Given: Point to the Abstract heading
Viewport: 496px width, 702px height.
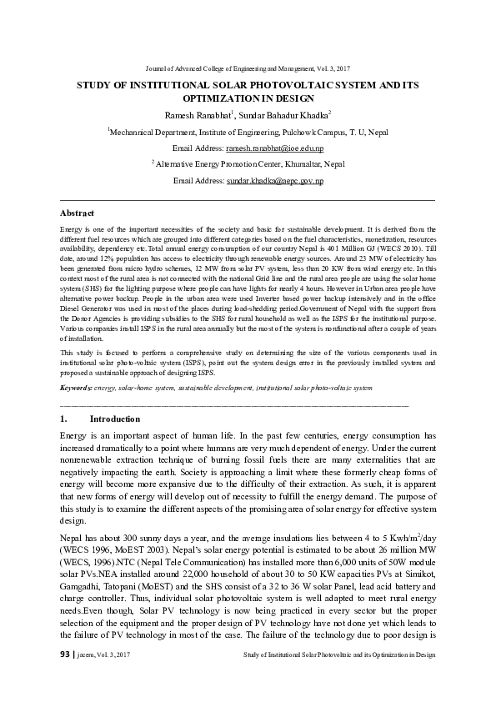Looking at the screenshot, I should click(78, 213).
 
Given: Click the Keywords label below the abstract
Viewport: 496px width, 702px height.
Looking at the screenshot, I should click(77, 388).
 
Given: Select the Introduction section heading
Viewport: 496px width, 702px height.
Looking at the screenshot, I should click(114, 419).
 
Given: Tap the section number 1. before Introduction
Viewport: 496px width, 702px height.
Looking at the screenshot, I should click(64, 419).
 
